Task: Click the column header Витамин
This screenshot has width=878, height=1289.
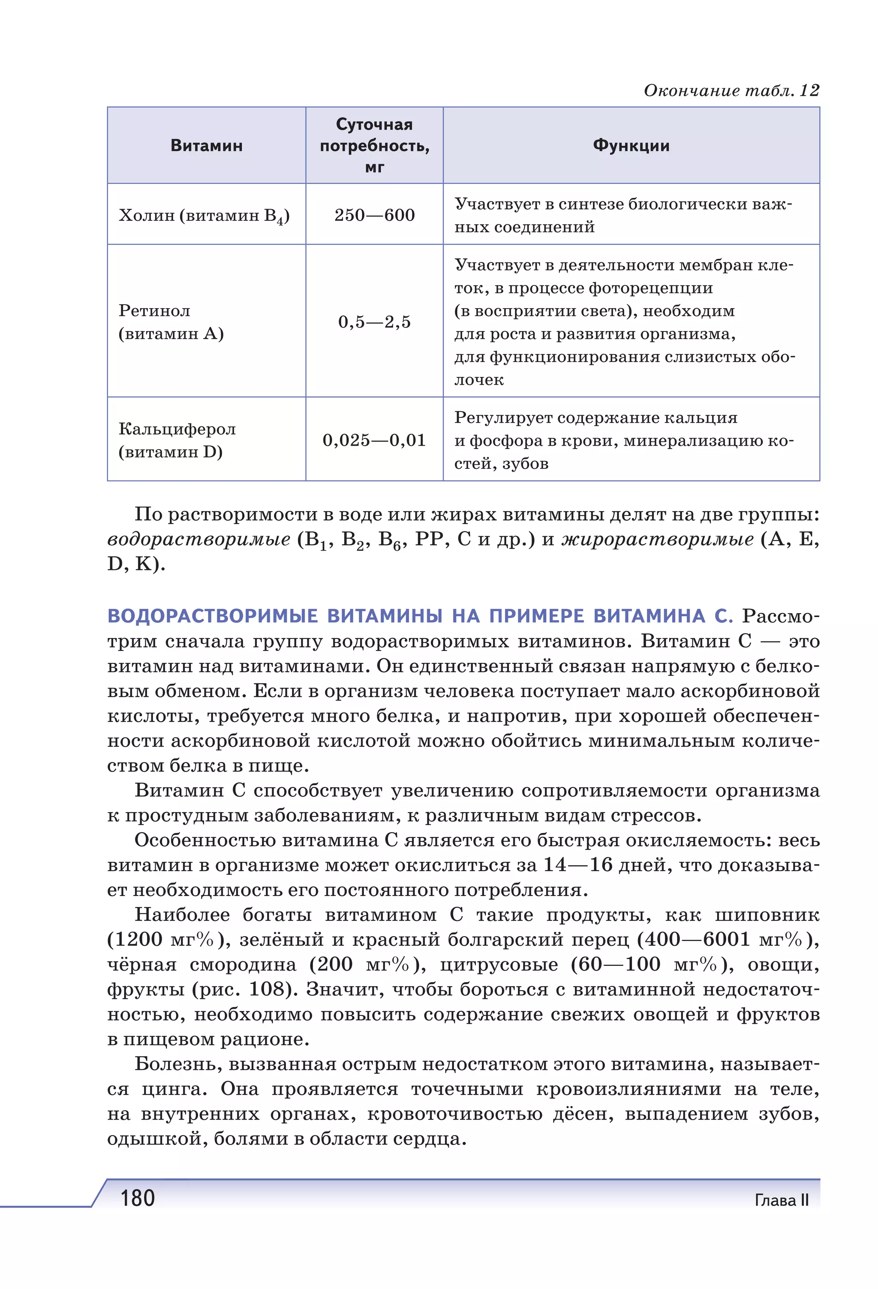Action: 207,146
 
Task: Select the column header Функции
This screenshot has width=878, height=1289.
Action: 631,146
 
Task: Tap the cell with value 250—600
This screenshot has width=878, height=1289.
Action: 374,215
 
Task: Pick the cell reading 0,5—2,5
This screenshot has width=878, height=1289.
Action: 374,322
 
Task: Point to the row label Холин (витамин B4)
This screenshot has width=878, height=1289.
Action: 204,216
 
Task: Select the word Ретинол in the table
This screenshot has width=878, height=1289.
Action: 154,311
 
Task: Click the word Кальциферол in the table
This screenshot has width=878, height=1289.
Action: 177,429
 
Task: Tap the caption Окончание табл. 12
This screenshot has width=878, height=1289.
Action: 731,90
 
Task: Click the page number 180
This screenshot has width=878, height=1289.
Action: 138,1199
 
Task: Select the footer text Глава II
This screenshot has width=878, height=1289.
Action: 781,1200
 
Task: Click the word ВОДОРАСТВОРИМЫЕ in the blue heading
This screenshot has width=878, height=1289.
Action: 213,616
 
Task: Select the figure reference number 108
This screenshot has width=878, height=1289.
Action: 266,989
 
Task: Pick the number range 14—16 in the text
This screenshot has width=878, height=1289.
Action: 577,865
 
